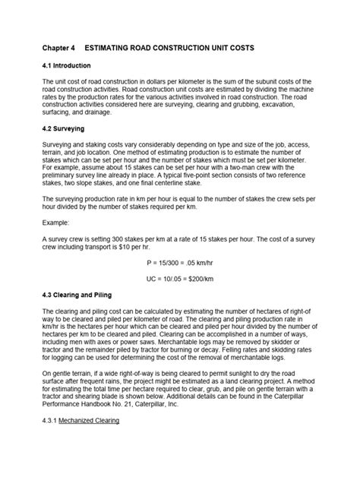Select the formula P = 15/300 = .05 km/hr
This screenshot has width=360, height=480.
point(180,261)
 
